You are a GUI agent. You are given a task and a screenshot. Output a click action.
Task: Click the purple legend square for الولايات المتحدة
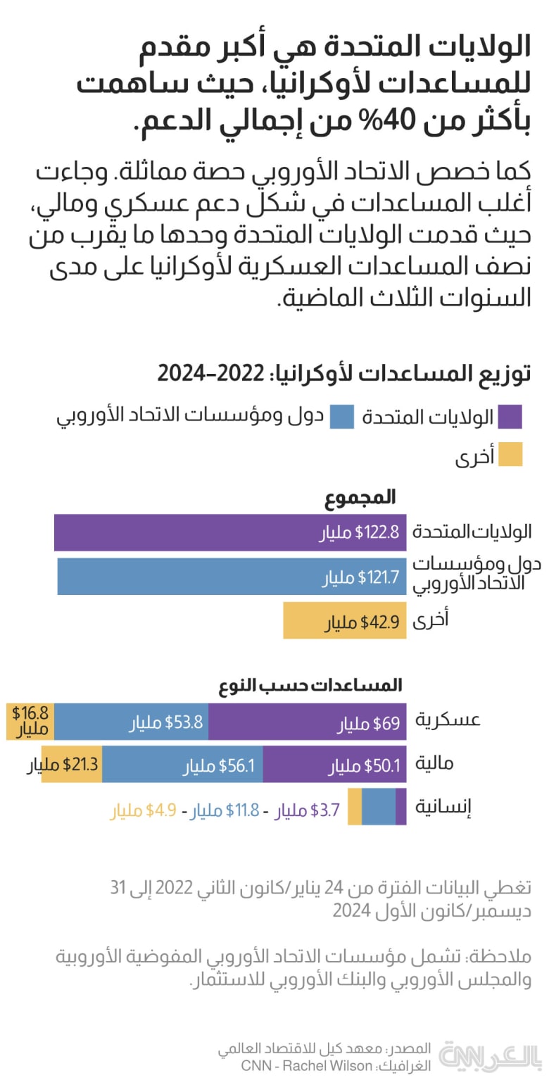(x=510, y=416)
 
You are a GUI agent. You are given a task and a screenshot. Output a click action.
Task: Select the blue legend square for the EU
(x=341, y=416)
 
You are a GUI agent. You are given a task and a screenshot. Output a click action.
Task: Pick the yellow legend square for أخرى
(x=510, y=455)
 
